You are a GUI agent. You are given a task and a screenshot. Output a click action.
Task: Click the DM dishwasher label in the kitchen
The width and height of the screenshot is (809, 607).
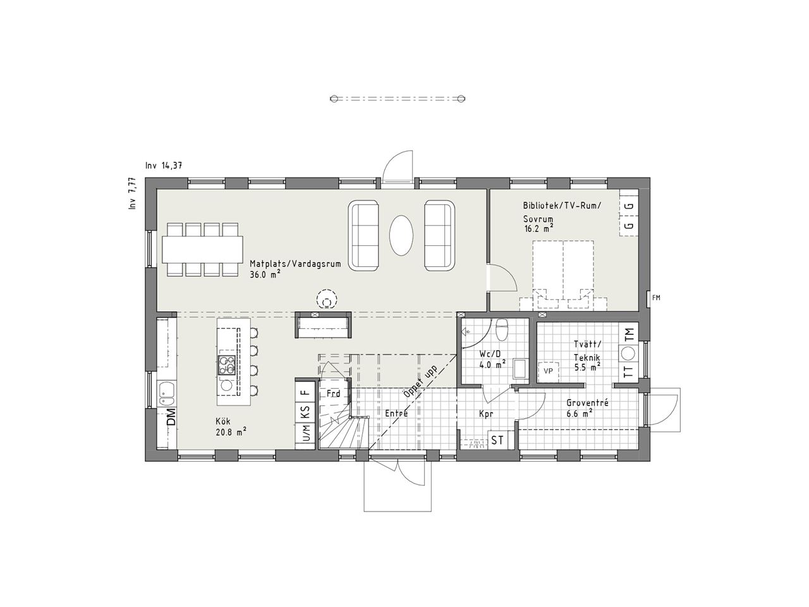coord(170,418)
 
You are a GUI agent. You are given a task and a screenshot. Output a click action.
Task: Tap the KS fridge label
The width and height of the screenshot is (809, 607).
coord(305,413)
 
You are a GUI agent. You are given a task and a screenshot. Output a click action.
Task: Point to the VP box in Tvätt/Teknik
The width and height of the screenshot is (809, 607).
coord(547,371)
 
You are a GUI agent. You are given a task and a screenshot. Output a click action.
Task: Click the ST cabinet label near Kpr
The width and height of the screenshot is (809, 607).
coord(497,439)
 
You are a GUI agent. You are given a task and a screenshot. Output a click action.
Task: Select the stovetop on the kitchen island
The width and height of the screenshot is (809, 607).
coord(228,365)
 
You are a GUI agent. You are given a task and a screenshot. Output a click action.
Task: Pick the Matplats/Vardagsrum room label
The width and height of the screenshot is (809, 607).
coord(295,264)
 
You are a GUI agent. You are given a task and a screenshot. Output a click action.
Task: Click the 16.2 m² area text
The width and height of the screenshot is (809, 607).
coord(538,228)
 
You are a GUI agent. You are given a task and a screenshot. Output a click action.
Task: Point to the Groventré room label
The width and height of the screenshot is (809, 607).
coord(587,402)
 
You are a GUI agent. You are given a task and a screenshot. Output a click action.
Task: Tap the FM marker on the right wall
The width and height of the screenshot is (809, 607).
coord(656,297)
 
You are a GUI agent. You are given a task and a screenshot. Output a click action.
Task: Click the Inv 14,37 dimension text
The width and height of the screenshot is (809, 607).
coord(164,166)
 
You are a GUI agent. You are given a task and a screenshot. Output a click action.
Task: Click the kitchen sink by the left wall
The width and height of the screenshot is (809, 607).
coord(167,393)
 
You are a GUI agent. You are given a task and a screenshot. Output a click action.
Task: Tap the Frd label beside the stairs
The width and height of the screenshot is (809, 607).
coord(333,393)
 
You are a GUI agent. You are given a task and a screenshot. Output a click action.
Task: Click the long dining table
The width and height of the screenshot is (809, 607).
coord(202,248)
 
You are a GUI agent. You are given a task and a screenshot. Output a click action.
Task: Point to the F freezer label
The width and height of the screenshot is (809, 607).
coord(305,391)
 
